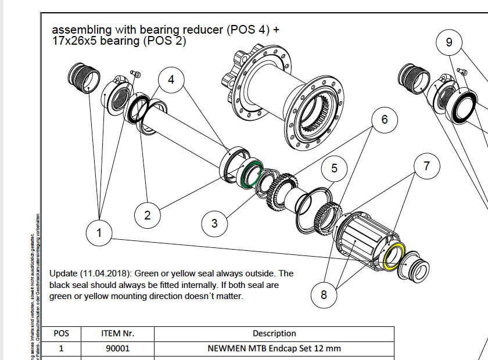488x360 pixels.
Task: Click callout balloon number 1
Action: [x=99, y=233]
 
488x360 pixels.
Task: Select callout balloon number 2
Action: [x=148, y=215]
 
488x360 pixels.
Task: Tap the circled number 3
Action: [x=214, y=223]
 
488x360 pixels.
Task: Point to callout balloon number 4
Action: [x=171, y=80]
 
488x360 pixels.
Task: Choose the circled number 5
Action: [x=334, y=168]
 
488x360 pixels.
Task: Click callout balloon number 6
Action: [x=384, y=120]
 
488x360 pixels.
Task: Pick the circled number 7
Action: [x=427, y=166]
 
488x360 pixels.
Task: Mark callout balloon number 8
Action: [x=324, y=295]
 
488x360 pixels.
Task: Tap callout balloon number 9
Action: [x=449, y=42]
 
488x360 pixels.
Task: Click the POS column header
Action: [x=61, y=334]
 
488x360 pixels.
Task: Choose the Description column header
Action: [x=274, y=334]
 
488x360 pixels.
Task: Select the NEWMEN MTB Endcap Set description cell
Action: [x=274, y=349]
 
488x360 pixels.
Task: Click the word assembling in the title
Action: [x=77, y=30]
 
